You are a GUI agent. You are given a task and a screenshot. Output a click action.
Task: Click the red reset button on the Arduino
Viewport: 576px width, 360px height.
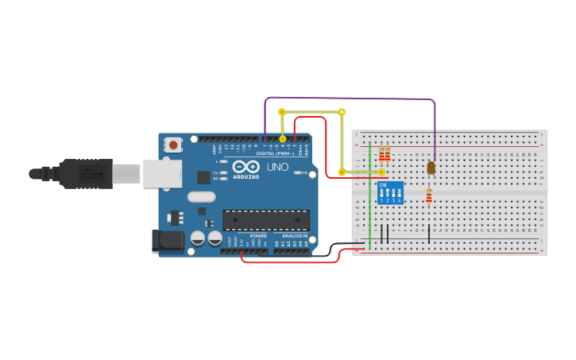point(172,145)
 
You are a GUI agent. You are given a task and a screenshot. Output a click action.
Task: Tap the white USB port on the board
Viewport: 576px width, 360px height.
point(162,173)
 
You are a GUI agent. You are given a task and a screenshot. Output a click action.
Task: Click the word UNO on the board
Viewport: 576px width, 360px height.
point(276,168)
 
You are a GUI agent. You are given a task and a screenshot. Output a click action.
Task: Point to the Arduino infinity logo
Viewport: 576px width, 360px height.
point(245,168)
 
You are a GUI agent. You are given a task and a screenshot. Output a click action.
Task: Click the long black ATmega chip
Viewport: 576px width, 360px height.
point(266,219)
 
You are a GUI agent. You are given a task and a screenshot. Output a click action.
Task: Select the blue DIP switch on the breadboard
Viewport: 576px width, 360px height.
point(390,193)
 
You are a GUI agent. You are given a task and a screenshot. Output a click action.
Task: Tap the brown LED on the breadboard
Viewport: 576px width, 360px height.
point(431,168)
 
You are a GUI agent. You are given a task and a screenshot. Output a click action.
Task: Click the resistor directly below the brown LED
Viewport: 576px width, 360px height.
point(429,195)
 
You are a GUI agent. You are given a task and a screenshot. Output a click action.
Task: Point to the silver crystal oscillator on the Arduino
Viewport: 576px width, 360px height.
point(202,196)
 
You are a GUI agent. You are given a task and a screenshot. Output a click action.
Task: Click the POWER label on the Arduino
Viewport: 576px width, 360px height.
point(258,236)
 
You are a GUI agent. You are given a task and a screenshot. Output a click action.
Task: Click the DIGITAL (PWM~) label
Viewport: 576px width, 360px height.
point(274,153)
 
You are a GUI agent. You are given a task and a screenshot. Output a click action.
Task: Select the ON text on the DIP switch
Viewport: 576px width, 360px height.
point(383,185)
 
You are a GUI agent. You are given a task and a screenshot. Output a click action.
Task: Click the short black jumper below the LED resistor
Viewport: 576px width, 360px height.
point(429,234)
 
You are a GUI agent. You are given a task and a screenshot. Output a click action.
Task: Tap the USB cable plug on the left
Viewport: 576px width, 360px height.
point(79,173)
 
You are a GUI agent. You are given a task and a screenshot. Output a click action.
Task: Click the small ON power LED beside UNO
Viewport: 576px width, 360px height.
point(298,172)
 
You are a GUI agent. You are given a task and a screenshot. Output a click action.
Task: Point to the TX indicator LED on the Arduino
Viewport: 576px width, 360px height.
point(224,172)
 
